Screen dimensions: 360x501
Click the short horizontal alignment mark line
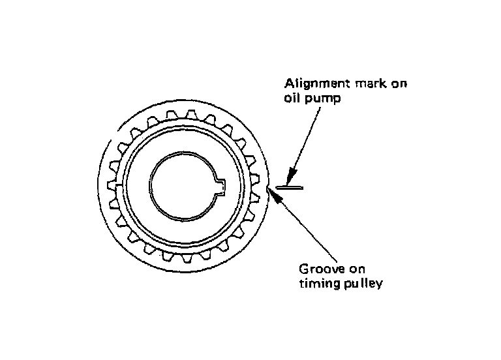(290, 188)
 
